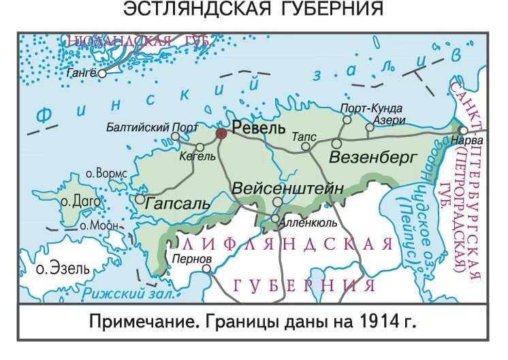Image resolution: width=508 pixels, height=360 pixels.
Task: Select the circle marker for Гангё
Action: point(102,73)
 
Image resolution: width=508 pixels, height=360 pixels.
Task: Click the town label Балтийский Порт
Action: point(153,127)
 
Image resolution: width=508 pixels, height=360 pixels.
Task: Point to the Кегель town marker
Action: point(200,146)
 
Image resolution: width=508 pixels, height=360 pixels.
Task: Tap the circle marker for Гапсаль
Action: point(140,199)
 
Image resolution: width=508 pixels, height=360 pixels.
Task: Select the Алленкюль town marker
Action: point(275,218)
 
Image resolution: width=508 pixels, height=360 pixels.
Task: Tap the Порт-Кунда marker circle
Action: point(347,120)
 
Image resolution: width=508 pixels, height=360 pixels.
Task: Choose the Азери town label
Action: point(390,119)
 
